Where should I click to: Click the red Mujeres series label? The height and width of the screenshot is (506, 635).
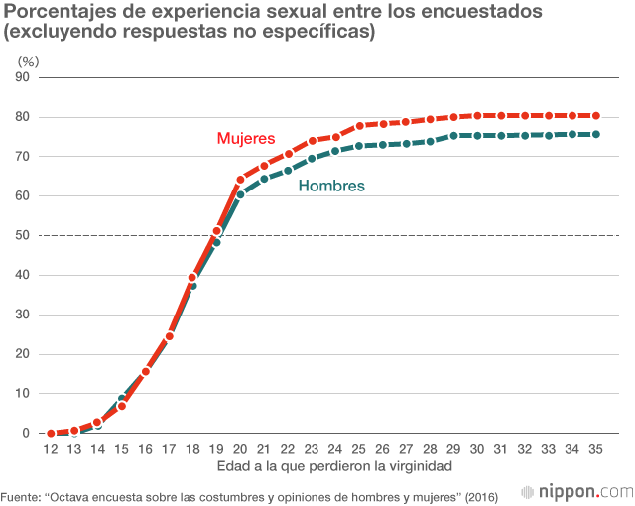[245, 139]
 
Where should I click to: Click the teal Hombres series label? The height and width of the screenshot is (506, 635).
[331, 186]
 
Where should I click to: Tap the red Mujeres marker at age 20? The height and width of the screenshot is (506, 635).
[241, 180]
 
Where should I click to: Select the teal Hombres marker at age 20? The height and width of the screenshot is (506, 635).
[241, 194]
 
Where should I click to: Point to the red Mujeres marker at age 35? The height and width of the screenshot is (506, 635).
[596, 116]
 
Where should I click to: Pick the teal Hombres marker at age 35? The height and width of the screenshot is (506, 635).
[596, 134]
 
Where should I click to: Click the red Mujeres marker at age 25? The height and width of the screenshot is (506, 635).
[359, 126]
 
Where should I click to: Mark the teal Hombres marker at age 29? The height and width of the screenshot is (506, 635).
[453, 135]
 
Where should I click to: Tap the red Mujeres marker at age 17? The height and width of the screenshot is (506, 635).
[170, 336]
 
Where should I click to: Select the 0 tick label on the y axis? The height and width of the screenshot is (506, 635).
[26, 434]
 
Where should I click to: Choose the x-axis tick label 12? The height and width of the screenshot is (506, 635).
[51, 449]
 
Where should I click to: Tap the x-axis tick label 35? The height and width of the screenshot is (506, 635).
[596, 449]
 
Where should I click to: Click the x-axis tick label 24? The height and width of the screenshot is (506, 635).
[335, 449]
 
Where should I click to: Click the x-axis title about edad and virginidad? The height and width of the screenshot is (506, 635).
[323, 466]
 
